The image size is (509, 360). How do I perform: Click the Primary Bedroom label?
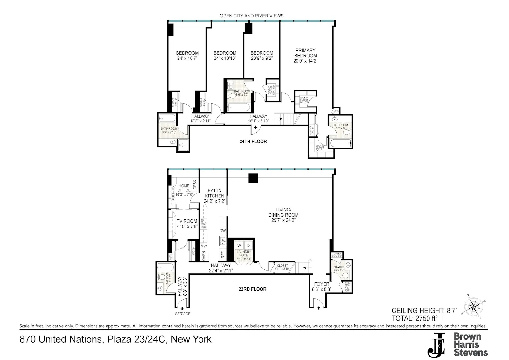[305, 53]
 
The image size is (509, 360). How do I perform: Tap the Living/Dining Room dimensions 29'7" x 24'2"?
[283, 220]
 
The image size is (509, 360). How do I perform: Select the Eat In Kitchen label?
[214, 193]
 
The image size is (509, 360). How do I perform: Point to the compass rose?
[474, 307]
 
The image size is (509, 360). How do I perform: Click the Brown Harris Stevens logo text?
[471, 344]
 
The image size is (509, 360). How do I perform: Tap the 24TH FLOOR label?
[253, 142]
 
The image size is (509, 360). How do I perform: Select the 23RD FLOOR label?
[252, 289]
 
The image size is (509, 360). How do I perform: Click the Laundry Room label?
[244, 253]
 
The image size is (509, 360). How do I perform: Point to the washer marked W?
[239, 246]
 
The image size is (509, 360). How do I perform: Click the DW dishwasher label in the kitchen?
[223, 231]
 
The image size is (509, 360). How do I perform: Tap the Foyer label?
[322, 284]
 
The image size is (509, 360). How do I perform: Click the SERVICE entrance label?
[183, 314]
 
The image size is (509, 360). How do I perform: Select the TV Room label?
[187, 221]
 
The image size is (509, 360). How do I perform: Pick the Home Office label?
[184, 188]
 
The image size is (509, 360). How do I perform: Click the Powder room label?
[339, 267]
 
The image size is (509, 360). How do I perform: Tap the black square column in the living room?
[253, 178]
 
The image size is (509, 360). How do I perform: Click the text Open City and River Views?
[251, 16]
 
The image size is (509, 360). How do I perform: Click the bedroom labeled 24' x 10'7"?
[187, 56]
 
